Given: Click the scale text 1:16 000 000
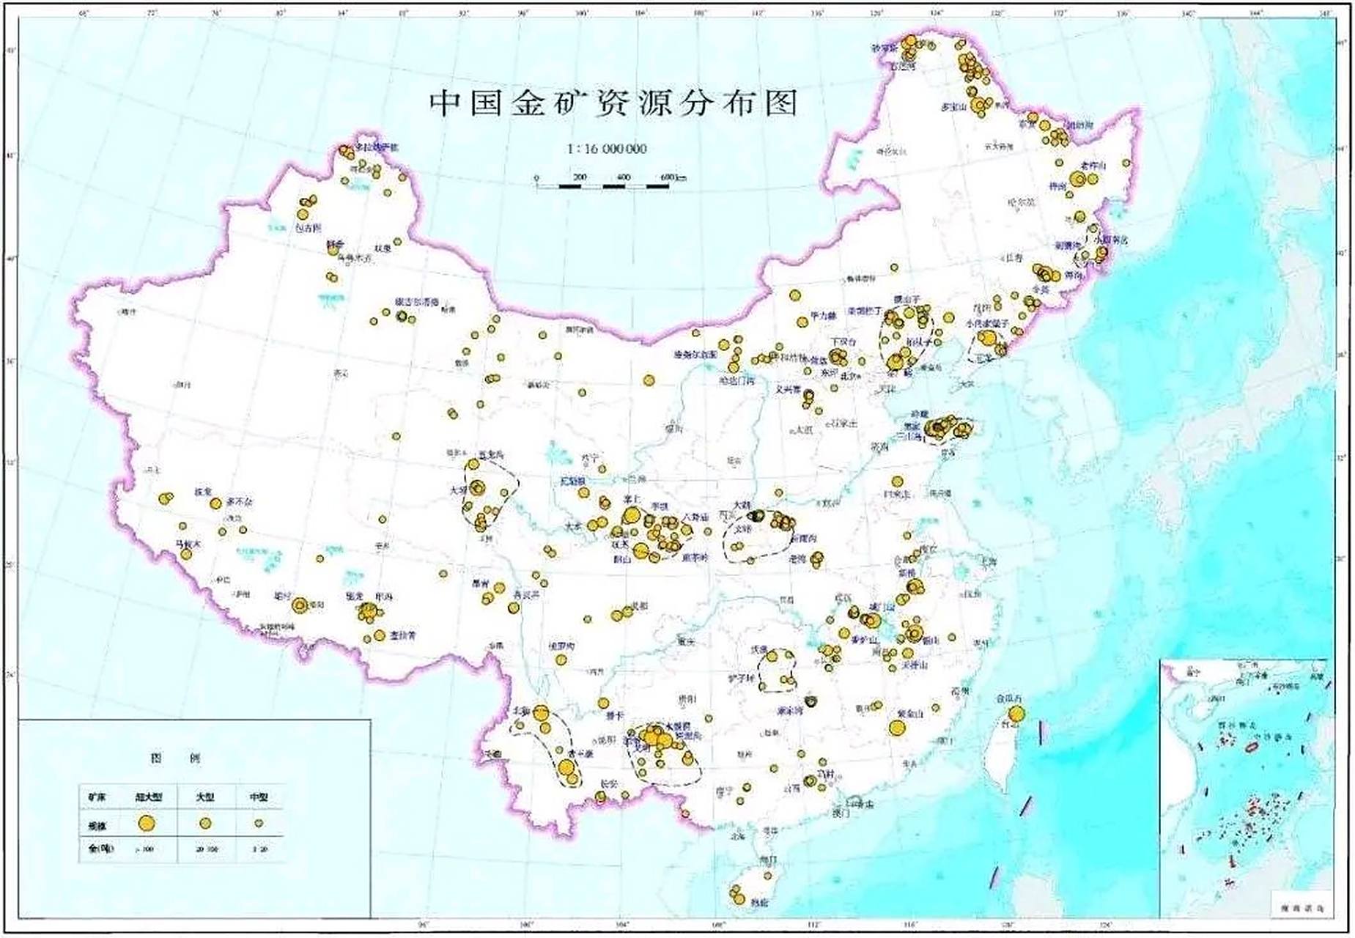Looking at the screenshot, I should (x=607, y=149).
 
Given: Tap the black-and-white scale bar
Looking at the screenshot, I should (x=602, y=186).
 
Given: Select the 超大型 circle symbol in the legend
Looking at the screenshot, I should (x=147, y=823).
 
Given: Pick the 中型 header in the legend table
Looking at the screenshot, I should (x=259, y=797).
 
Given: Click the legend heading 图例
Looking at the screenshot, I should (x=174, y=758).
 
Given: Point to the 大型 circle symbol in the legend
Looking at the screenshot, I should (x=206, y=823).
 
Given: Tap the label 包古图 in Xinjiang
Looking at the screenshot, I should (x=307, y=228).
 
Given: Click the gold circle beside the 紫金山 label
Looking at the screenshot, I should (x=897, y=727).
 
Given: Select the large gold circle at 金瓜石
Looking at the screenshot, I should (x=1016, y=714).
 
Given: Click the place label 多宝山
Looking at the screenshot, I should (x=954, y=107).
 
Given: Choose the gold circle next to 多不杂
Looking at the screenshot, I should (x=215, y=503).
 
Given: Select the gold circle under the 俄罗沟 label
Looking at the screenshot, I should (x=561, y=660).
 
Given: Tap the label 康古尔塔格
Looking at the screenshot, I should (x=416, y=302).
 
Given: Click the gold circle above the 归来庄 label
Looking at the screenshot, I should (x=897, y=481).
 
